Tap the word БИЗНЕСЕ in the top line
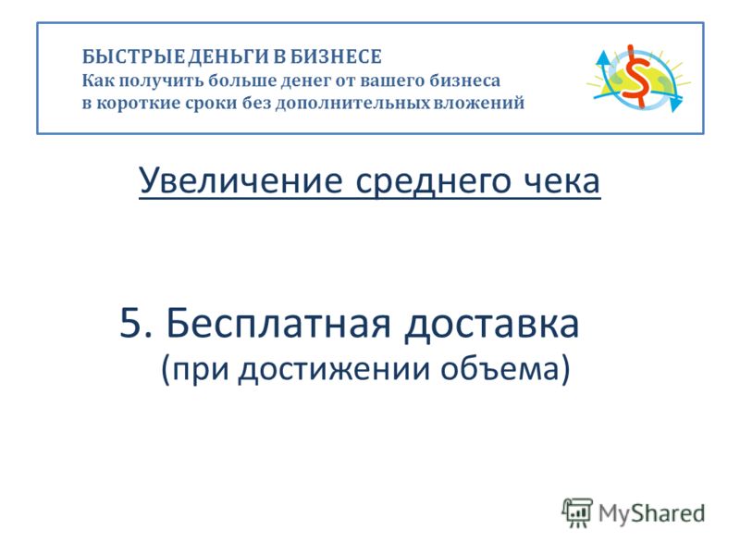coord(336,56)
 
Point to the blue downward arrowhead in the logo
coord(676,104)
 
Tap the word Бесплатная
coord(278,323)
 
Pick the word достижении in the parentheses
coord(334,369)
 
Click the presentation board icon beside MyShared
coord(576,512)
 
